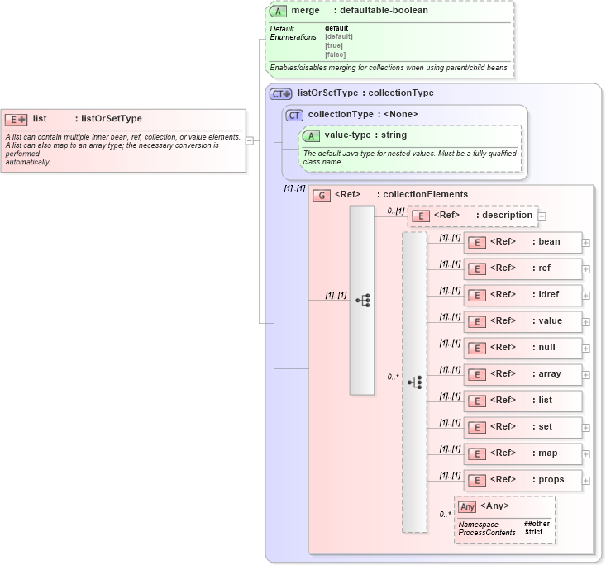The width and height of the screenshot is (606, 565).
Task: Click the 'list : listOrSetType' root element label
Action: tap(87, 119)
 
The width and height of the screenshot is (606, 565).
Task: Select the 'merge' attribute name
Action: tap(305, 11)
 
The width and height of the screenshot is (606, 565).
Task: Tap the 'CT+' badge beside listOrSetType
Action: tap(281, 93)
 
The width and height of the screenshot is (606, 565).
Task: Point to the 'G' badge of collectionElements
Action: tap(322, 195)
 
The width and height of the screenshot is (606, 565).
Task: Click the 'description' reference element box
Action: tap(473, 216)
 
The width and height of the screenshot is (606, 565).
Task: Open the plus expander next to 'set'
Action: tap(586, 428)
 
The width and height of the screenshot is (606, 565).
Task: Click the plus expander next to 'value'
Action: tap(586, 322)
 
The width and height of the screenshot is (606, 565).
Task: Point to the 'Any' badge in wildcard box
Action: tap(467, 506)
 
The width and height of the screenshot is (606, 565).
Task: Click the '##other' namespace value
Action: tap(536, 524)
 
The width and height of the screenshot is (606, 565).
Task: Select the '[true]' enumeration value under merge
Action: tap(335, 45)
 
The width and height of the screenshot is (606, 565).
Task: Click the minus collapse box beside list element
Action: tap(250, 140)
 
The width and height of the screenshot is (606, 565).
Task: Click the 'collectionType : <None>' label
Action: tap(363, 114)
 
